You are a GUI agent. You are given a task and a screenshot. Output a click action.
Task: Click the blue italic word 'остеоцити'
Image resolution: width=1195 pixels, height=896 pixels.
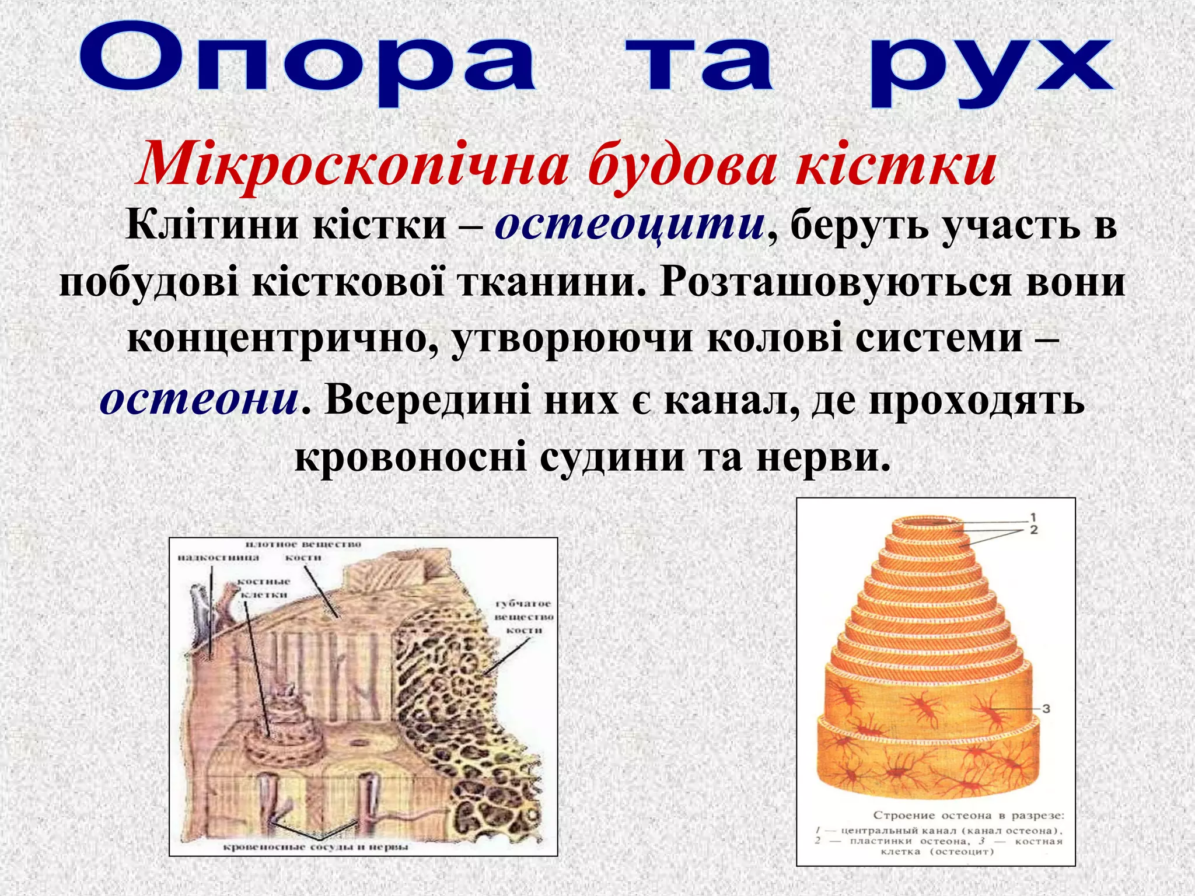point(630,225)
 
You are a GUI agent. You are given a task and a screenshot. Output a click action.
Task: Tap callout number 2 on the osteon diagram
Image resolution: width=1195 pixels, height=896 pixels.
point(1033,530)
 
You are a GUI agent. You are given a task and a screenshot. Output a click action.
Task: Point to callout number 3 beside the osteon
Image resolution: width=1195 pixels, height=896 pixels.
point(1046,708)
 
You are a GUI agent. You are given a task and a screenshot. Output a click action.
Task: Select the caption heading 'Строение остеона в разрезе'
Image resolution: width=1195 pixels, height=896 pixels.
point(969,815)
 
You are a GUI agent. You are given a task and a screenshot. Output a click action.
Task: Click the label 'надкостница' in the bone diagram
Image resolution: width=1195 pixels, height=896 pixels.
point(218,558)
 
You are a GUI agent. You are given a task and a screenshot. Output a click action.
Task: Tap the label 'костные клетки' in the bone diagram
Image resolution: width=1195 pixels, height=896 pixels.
point(264,588)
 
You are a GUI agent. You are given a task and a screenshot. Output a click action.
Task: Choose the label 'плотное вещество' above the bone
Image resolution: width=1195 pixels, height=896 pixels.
point(303,544)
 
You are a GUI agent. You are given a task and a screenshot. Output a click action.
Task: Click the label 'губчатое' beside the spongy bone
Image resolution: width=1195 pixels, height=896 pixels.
point(523,604)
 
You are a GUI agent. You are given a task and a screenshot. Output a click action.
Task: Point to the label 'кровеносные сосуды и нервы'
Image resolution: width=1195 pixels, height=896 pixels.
point(316,846)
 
